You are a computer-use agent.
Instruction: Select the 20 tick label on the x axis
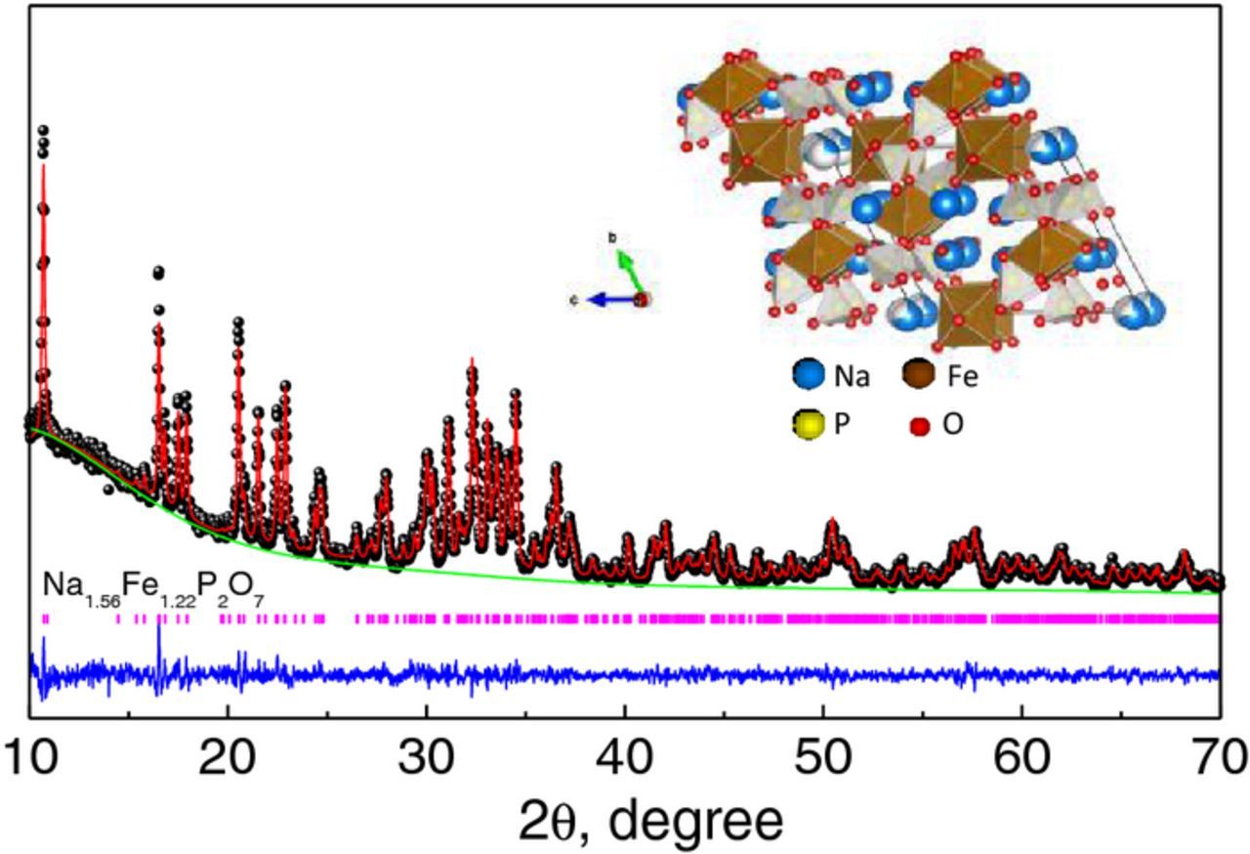coord(228,755)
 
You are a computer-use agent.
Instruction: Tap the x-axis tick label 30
coord(426,755)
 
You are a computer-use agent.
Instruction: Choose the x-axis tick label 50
coord(823,755)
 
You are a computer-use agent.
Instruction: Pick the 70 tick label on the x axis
coord(1218,755)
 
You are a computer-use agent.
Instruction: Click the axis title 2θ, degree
coord(625,822)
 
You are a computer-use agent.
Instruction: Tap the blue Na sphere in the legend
coord(807,375)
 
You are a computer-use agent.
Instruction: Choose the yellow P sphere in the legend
coord(807,426)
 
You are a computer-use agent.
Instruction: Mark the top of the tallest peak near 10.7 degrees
coord(42,129)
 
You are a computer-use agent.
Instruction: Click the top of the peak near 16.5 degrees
coord(158,273)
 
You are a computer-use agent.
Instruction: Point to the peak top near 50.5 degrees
coord(832,521)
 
